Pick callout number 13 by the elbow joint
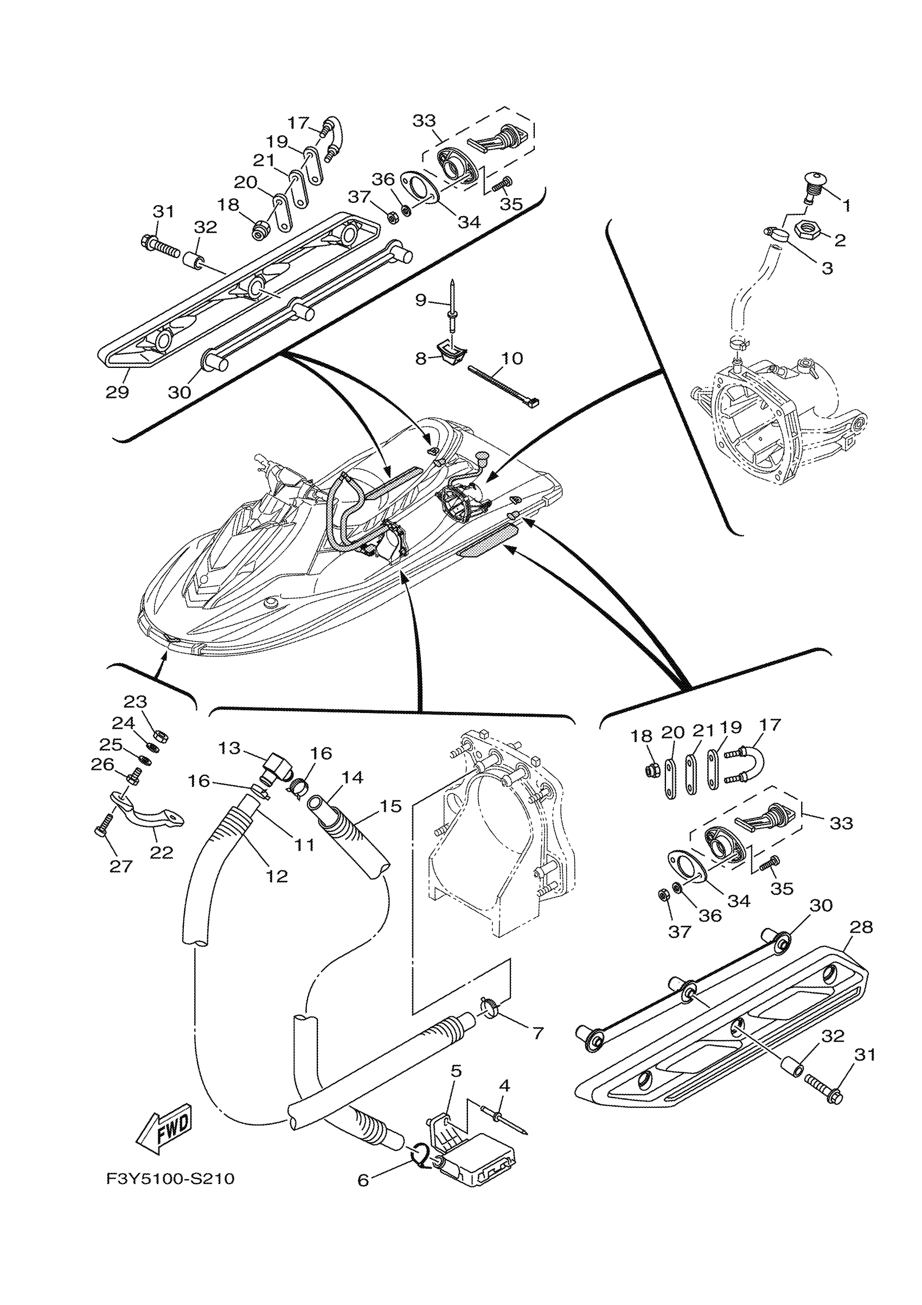(229, 749)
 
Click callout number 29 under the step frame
(118, 392)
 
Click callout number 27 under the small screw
(121, 866)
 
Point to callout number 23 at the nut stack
(135, 702)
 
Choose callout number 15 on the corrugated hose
(390, 806)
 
